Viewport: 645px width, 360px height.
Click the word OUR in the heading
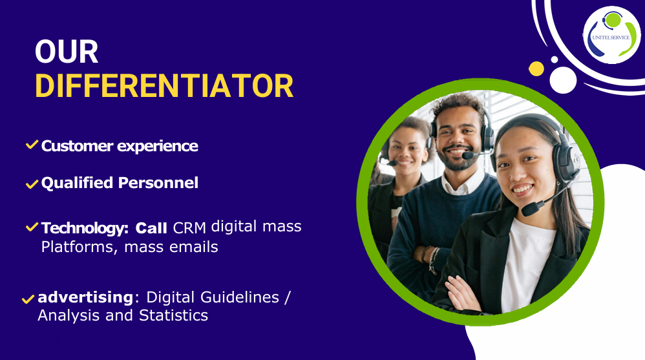point(67,52)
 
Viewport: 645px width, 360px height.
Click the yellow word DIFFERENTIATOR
point(164,86)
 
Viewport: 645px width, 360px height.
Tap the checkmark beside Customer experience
point(32,144)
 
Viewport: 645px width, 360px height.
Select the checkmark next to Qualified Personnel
point(32,184)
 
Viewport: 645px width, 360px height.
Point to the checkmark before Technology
point(32,227)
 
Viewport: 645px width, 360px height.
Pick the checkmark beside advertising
point(28,299)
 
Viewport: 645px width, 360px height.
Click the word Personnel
point(158,183)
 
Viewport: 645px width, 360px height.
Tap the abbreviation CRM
point(189,228)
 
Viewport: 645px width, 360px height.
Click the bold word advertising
point(85,297)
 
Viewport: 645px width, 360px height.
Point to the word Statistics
point(173,315)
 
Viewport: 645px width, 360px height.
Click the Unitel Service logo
point(611,35)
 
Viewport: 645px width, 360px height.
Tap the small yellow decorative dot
point(536,69)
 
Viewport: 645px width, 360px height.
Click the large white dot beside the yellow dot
point(563,80)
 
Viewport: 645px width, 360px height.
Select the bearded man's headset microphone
point(469,156)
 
